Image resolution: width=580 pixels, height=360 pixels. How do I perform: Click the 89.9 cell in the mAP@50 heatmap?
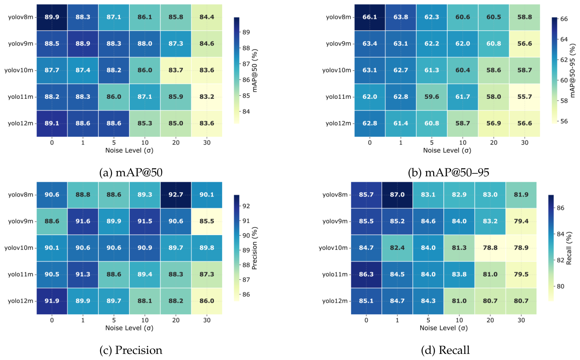click(52, 17)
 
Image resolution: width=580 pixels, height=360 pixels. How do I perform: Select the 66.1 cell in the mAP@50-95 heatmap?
click(370, 17)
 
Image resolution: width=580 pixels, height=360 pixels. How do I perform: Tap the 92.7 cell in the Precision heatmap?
click(176, 195)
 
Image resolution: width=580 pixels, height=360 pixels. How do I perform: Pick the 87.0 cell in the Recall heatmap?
click(397, 195)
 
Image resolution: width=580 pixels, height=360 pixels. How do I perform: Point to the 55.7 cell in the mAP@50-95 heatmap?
click(525, 97)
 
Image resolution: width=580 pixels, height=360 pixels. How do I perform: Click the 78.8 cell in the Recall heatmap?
click(490, 248)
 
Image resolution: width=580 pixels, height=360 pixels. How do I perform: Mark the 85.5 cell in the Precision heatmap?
click(207, 221)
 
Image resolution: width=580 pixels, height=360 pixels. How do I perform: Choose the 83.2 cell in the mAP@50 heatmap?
click(207, 97)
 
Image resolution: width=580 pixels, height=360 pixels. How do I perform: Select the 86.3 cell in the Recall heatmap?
click(366, 274)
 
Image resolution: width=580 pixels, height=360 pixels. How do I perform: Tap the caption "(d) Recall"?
click(445, 350)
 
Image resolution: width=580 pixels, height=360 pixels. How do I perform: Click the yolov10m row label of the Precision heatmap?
click(19, 248)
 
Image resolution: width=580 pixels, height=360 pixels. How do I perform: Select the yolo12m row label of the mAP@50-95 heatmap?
click(338, 124)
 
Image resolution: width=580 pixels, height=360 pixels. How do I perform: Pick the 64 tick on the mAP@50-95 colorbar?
click(564, 39)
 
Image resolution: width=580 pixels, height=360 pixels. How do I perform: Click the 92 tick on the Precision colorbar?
click(246, 206)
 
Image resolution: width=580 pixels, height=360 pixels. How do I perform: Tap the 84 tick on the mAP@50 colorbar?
click(246, 112)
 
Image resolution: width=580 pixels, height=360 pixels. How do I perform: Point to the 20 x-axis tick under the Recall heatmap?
click(490, 320)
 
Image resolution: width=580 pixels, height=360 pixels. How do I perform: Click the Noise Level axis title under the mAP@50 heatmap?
click(129, 150)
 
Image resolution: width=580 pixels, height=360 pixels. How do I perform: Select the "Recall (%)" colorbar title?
click(569, 248)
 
